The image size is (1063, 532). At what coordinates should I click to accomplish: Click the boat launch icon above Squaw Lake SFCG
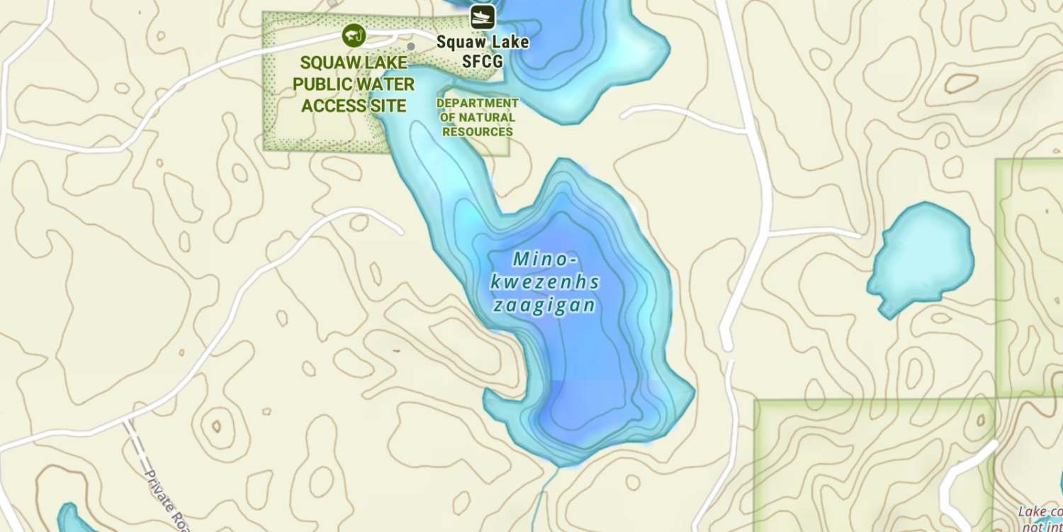pyautogui.click(x=483, y=16)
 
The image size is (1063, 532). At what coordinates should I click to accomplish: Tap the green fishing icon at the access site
pyautogui.click(x=352, y=34)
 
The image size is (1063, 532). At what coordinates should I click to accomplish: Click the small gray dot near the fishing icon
pyautogui.click(x=410, y=46)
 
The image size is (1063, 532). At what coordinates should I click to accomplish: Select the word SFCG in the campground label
pyautogui.click(x=483, y=62)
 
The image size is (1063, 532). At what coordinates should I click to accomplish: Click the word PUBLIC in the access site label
pyautogui.click(x=322, y=84)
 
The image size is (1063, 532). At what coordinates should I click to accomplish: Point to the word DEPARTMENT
pyautogui.click(x=478, y=104)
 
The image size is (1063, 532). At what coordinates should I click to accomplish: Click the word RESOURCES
pyautogui.click(x=477, y=132)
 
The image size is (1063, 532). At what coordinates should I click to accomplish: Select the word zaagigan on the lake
pyautogui.click(x=543, y=306)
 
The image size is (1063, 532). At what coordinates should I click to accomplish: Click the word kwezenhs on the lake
pyautogui.click(x=544, y=282)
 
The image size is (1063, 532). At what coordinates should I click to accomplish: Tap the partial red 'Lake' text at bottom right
pyautogui.click(x=1032, y=511)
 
